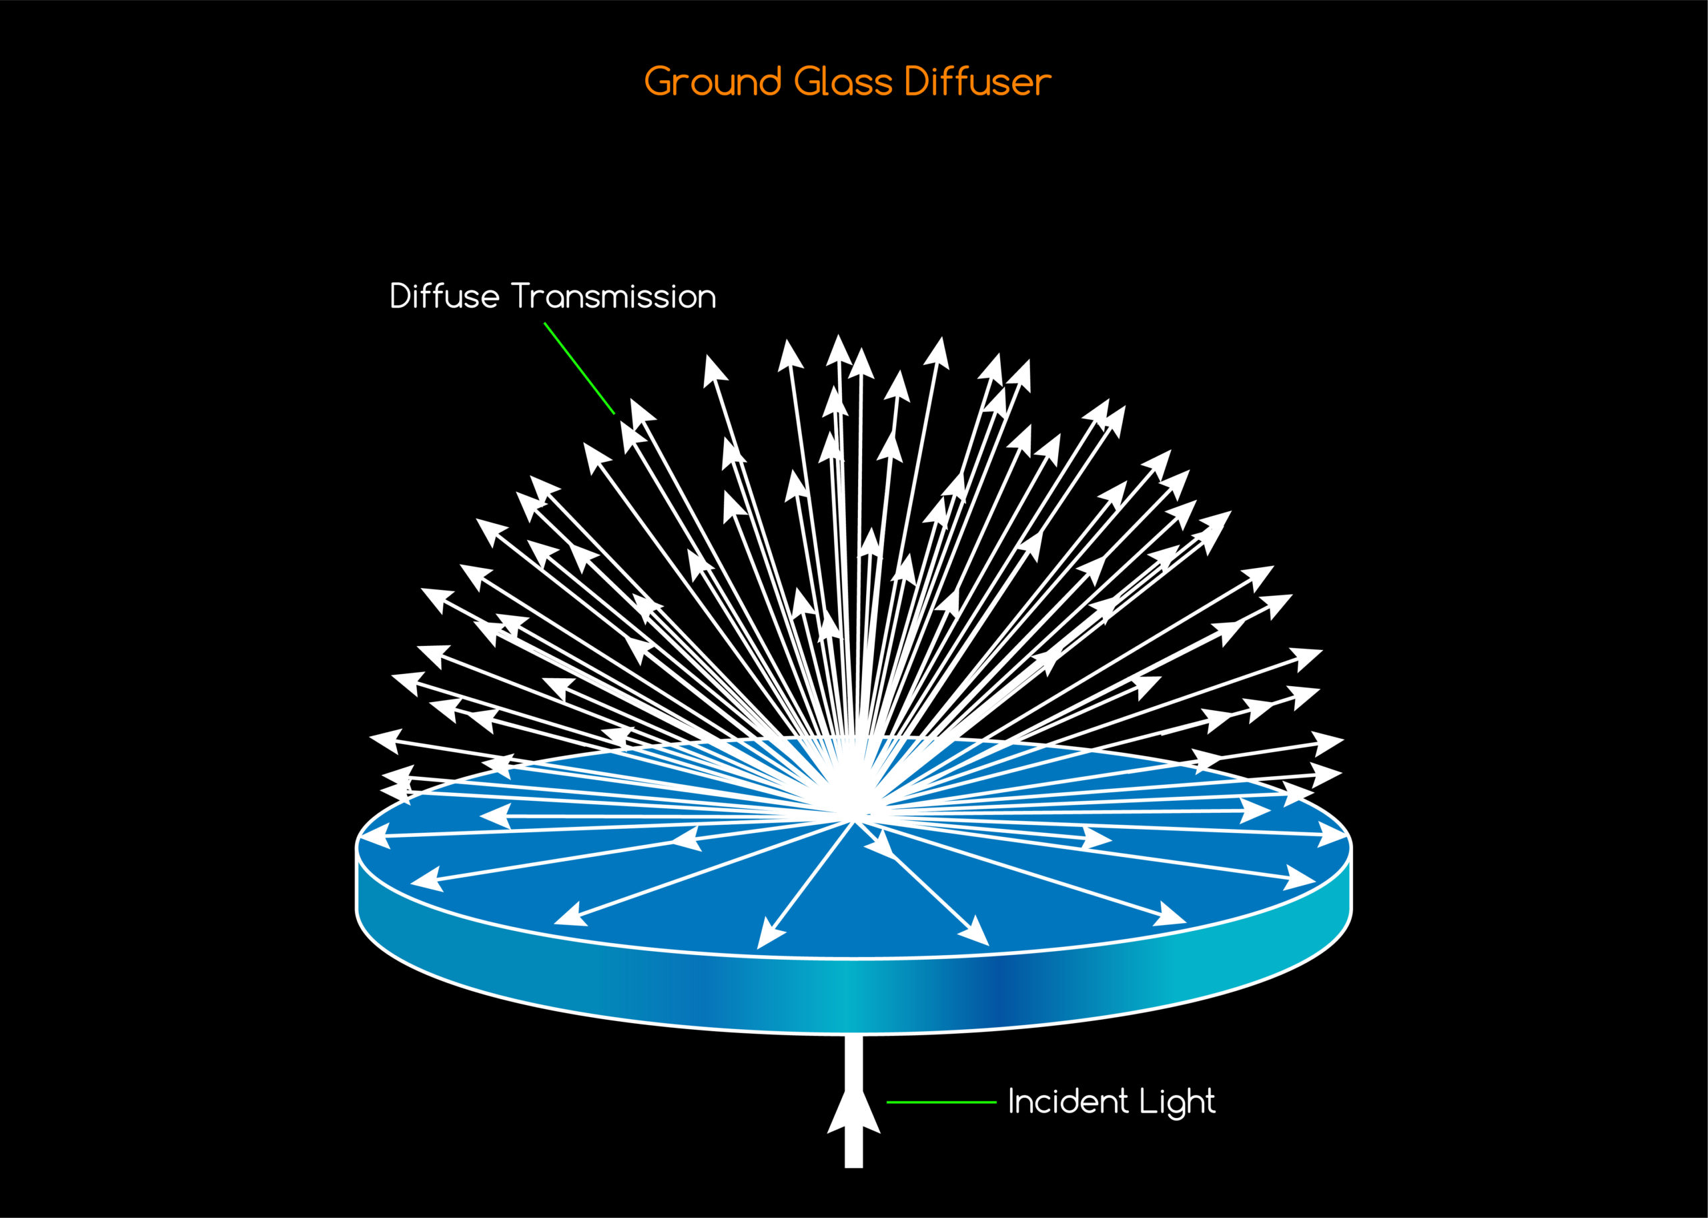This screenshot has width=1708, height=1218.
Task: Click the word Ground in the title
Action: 713,81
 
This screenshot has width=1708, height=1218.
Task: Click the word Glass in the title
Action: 843,81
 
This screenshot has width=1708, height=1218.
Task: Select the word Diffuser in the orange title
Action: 977,81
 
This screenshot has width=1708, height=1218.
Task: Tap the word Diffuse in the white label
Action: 444,296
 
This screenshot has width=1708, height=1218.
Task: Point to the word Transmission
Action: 614,296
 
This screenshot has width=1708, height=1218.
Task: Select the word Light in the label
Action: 1177,1102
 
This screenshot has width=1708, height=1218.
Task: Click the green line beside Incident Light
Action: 941,1102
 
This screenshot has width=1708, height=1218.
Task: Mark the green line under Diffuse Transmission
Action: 579,368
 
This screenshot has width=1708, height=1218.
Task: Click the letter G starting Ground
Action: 660,81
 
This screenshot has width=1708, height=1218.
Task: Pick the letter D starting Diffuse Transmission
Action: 400,296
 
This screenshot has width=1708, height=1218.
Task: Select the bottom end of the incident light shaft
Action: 853,1163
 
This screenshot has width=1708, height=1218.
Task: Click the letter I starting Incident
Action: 1012,1101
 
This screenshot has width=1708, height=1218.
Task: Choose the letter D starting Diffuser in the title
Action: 917,81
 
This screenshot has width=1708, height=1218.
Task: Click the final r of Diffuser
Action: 1043,85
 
